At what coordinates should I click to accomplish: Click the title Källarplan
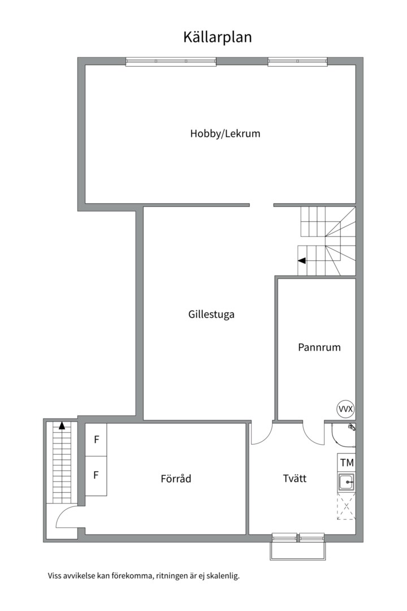218,37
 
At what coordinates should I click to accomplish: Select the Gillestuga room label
211,315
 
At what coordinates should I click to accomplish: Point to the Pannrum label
319,347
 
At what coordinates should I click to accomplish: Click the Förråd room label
176,479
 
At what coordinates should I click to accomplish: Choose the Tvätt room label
295,479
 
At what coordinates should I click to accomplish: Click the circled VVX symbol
345,408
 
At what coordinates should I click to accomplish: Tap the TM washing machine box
347,463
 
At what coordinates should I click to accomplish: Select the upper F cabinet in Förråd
96,440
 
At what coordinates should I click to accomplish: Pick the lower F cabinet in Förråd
96,475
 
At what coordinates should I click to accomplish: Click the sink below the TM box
346,482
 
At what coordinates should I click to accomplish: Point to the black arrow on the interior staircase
302,261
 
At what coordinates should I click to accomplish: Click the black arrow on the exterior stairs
62,426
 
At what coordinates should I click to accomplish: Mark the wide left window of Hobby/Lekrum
171,62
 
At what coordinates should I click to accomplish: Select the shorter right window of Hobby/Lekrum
297,62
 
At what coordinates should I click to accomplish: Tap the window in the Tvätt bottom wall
298,537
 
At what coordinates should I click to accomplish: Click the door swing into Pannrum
313,434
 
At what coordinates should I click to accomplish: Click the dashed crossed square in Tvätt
346,506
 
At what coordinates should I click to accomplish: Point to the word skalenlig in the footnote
224,576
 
